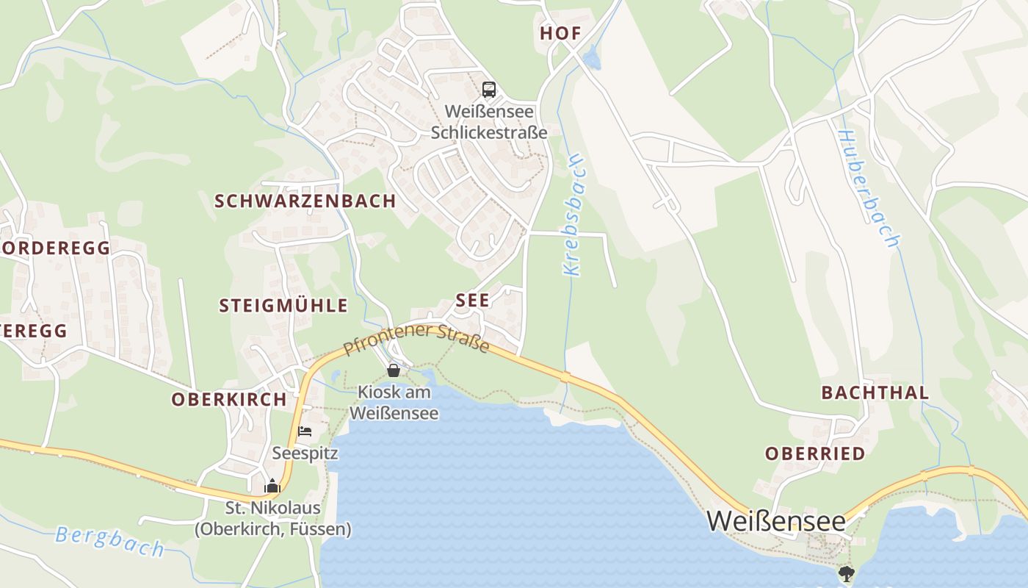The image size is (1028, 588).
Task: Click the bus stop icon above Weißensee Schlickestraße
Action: pos(488,90)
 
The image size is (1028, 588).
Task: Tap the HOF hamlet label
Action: pos(560,33)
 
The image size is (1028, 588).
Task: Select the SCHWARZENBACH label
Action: pos(305,201)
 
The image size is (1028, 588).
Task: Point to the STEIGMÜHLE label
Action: pos(283,306)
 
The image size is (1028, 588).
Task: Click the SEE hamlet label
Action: pos(472,300)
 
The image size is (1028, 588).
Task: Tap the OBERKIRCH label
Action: pos(228,399)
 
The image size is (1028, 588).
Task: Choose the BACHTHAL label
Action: pos(875,392)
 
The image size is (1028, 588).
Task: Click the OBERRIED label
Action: pos(815,453)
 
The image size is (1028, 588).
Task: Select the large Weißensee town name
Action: pos(775,520)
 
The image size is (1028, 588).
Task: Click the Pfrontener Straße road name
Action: pos(416,338)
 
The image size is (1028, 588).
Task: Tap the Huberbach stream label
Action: pos(868,189)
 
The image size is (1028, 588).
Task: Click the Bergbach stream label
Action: pos(110,541)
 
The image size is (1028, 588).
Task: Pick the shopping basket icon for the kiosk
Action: pos(394,370)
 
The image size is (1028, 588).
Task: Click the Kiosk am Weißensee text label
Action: pos(394,403)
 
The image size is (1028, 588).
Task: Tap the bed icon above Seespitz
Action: pos(305,431)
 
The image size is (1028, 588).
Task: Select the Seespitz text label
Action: pos(305,453)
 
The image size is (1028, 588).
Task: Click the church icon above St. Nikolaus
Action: pos(272,486)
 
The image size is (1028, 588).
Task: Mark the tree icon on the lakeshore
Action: pos(847,573)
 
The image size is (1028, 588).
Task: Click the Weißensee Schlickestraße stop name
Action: pos(488,122)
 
